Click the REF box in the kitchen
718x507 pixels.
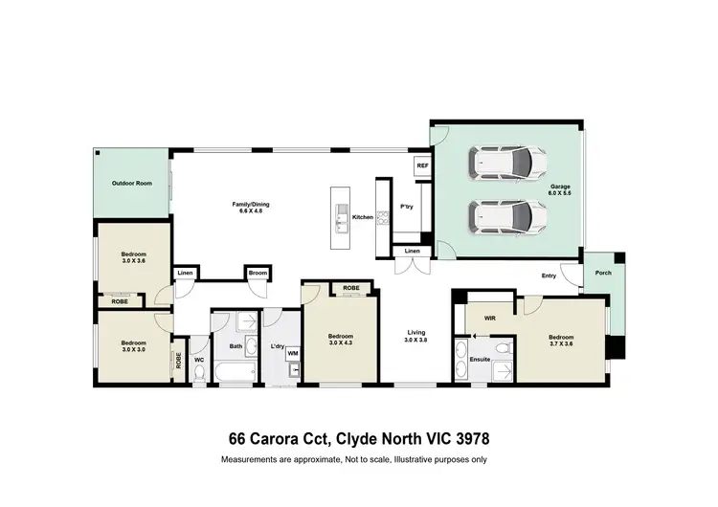(x=422, y=165)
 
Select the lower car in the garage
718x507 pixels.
(x=506, y=219)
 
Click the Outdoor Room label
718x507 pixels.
(x=131, y=183)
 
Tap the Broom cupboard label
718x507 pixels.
(x=257, y=274)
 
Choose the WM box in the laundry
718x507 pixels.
(x=293, y=354)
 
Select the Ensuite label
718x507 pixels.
(x=481, y=359)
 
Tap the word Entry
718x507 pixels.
(x=549, y=276)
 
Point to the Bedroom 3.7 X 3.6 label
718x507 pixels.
(x=561, y=341)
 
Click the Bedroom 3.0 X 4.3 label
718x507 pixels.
(x=341, y=340)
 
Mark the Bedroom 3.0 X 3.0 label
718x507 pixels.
(x=133, y=346)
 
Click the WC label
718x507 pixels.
(x=199, y=360)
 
